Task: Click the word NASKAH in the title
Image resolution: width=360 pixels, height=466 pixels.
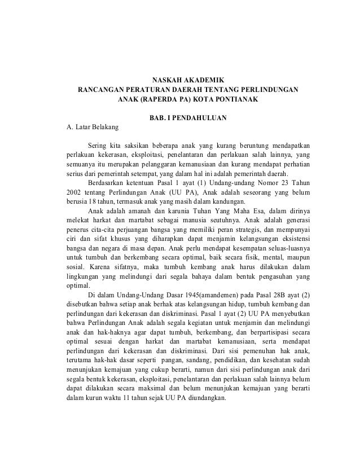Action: coord(168,80)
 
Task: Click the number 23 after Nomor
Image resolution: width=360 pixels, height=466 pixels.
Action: coord(274,183)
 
